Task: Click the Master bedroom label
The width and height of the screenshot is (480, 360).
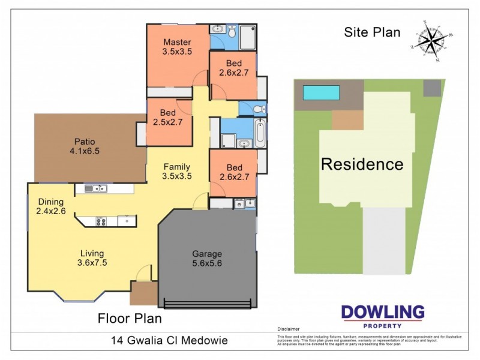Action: (x=177, y=47)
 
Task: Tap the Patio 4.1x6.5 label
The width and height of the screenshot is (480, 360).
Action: (x=85, y=146)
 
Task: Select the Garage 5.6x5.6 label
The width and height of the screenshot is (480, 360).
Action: (x=206, y=258)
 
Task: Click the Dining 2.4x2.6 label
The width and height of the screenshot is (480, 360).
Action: (x=50, y=206)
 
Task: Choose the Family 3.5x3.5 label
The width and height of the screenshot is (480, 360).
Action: (x=176, y=172)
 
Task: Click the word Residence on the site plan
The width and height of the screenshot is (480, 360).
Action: (x=362, y=164)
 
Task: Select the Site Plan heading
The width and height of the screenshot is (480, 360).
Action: (x=372, y=32)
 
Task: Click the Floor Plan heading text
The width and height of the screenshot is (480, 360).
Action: (x=130, y=318)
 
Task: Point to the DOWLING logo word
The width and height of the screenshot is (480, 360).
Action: (x=383, y=312)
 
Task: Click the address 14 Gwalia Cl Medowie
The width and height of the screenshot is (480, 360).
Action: (x=170, y=341)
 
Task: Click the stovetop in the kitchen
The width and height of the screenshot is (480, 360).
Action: (x=100, y=221)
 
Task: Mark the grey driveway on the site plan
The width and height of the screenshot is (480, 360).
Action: (x=384, y=240)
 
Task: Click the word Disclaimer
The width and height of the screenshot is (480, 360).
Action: (x=288, y=329)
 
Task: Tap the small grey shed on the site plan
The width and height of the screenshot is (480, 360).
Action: (x=431, y=88)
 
